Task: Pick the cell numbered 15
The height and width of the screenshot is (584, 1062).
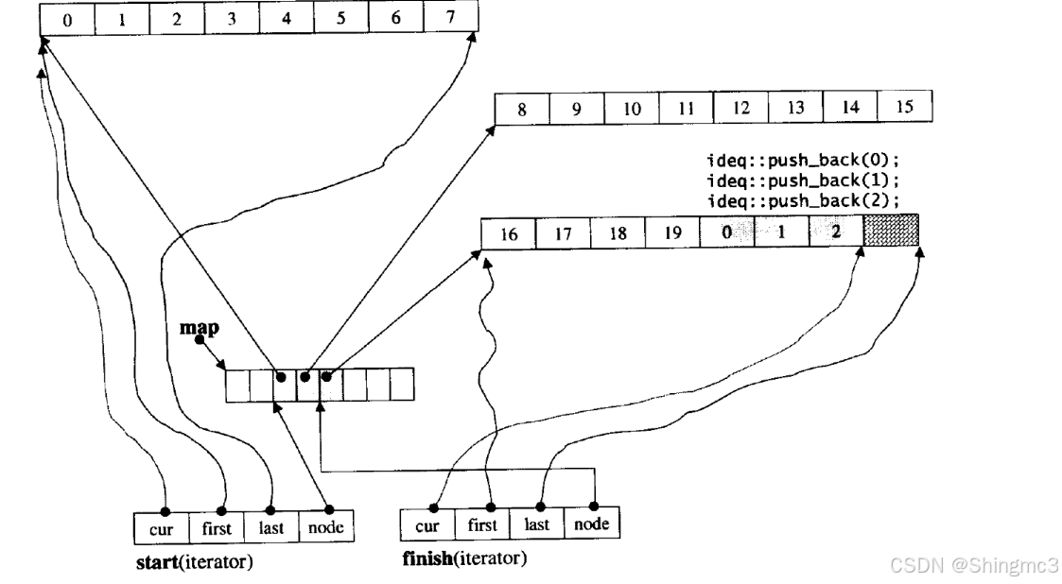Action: [904, 108]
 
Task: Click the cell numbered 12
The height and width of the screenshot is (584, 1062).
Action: [740, 108]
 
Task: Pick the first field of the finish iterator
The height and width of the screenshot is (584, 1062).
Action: [482, 524]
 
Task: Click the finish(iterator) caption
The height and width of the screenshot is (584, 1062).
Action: [464, 559]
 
